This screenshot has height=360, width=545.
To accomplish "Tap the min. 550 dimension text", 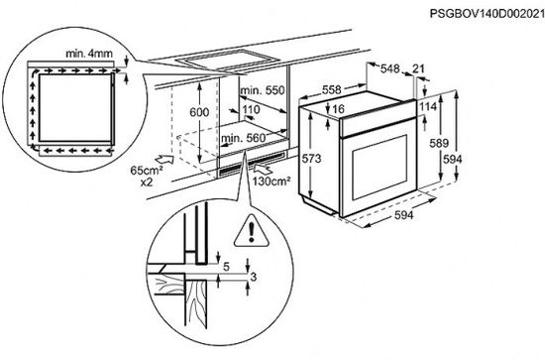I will click(263, 89).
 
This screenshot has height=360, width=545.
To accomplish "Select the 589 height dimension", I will click(464, 144).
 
